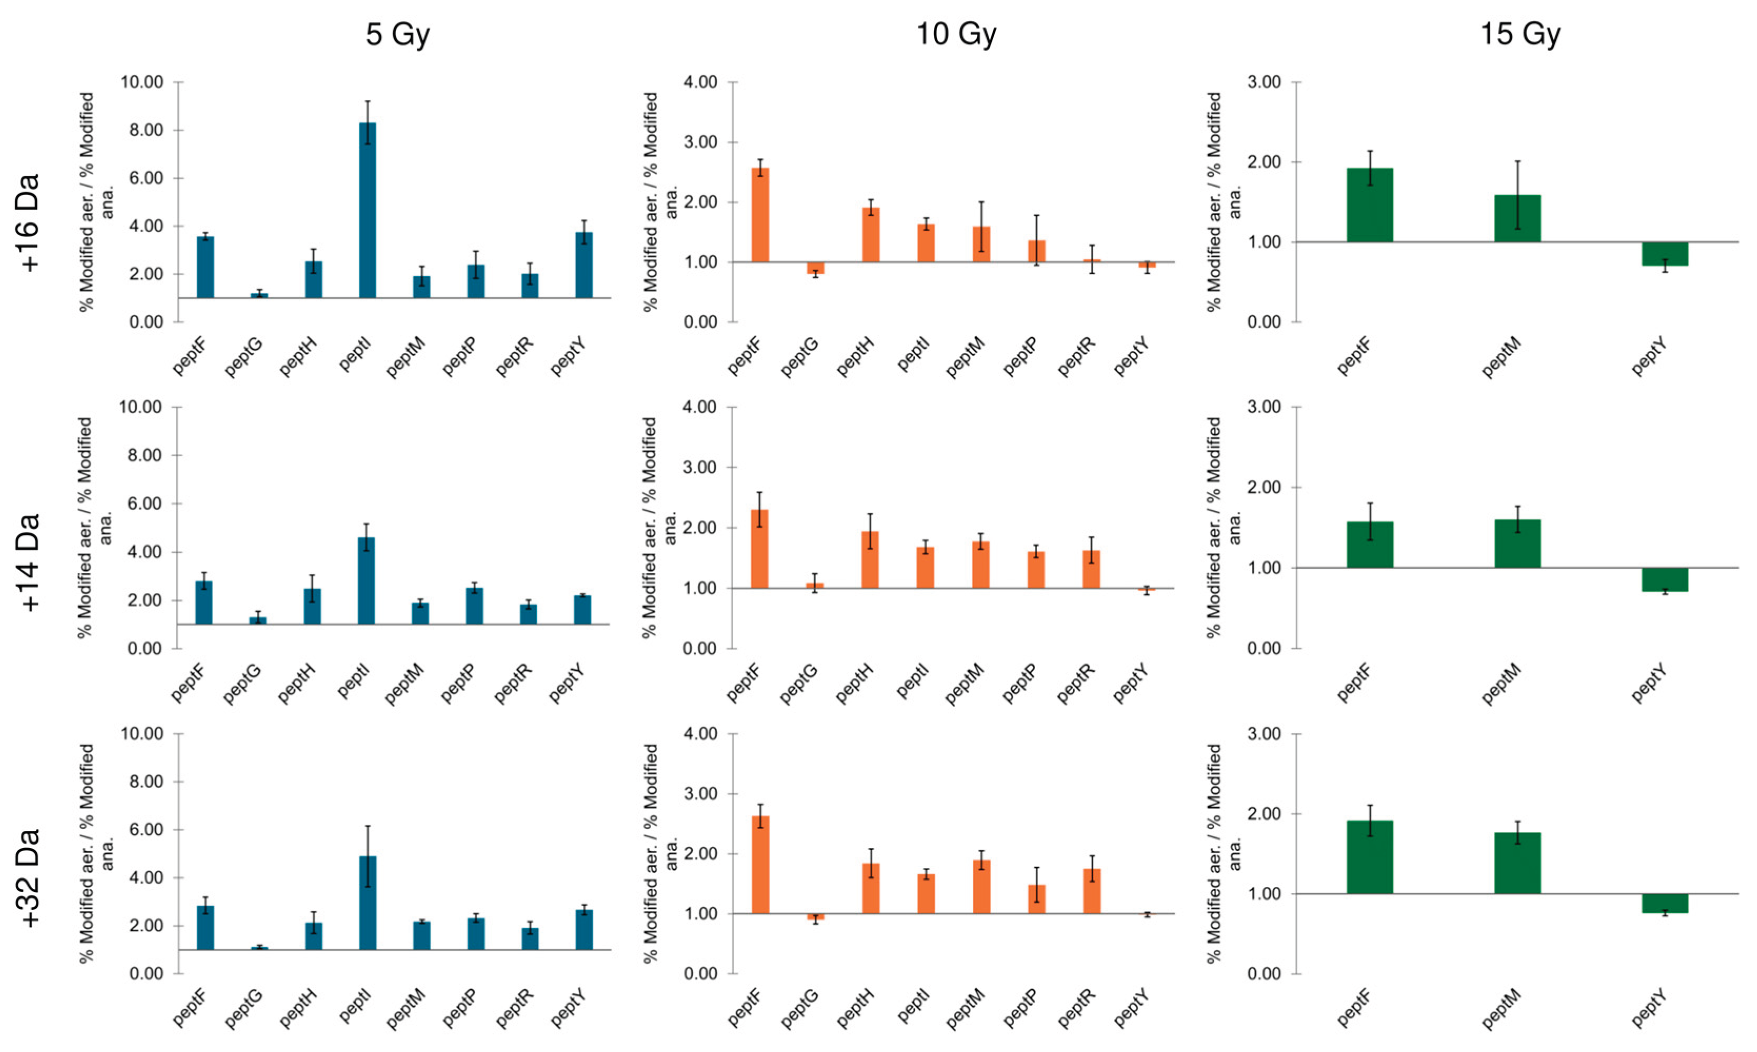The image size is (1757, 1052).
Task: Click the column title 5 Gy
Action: [397, 34]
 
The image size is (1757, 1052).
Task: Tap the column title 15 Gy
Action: [1520, 34]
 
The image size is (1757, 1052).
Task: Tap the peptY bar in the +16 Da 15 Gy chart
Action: [1665, 254]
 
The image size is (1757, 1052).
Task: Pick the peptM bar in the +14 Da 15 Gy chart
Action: [1518, 544]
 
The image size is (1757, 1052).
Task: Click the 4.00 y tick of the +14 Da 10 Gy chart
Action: [700, 407]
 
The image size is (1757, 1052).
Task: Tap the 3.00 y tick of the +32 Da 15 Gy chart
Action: [1264, 734]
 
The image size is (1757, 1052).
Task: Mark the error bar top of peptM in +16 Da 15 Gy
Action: [1518, 161]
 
